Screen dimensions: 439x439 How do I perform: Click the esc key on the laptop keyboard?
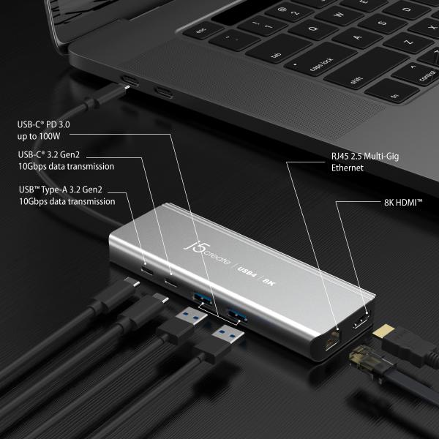pos(200,31)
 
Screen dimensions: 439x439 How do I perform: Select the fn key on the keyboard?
pos(396,95)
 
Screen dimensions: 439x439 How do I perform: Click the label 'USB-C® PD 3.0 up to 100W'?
pos(48,131)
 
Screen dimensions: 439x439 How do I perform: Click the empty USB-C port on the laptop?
pos(163,92)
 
